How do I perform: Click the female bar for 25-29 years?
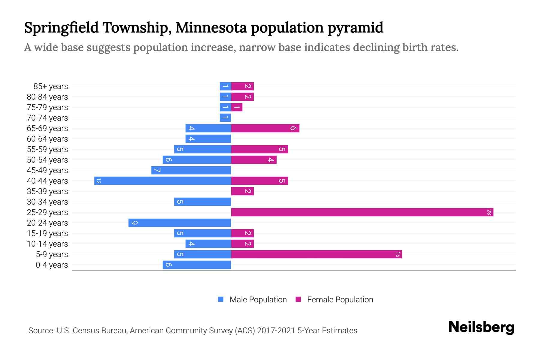tap(362, 212)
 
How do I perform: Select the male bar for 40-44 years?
tap(163, 181)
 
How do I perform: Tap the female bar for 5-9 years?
tap(316, 254)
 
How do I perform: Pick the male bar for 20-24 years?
tap(180, 223)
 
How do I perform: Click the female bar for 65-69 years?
tap(265, 128)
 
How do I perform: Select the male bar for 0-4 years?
tap(197, 265)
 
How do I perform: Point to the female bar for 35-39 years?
tap(242, 191)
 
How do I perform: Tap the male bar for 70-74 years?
tap(225, 118)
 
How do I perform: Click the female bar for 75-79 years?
tap(237, 107)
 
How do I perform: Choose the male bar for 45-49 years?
tap(191, 170)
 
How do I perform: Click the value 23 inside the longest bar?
tap(489, 212)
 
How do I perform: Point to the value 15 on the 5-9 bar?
tap(398, 254)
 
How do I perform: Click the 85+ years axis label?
tap(51, 86)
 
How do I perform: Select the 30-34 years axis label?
tap(47, 202)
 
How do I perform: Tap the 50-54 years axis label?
tap(47, 160)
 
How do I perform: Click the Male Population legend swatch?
tap(221, 299)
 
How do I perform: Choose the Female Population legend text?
tap(340, 300)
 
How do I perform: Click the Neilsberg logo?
tap(481, 327)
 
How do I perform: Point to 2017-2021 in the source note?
tap(276, 331)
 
